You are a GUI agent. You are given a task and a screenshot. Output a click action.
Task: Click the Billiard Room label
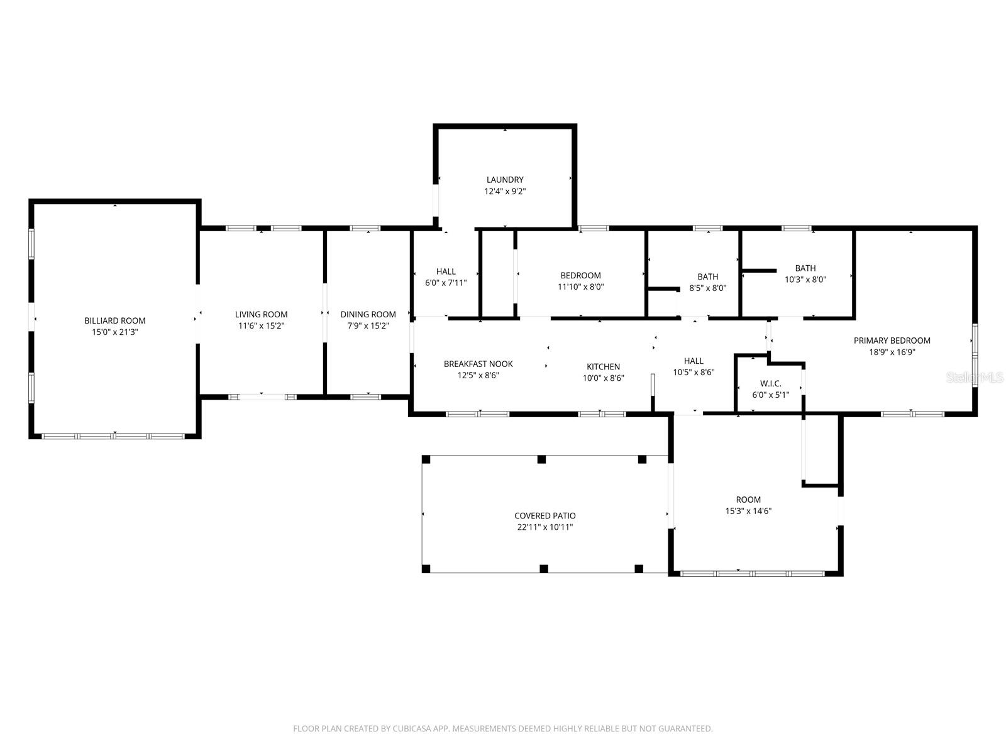[115, 320]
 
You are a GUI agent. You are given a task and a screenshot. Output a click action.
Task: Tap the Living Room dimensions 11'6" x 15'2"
[262, 325]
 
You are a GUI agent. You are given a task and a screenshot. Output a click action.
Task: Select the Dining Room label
[368, 314]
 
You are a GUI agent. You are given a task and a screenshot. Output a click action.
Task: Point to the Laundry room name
[505, 180]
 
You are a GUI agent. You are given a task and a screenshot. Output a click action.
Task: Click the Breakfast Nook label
[478, 364]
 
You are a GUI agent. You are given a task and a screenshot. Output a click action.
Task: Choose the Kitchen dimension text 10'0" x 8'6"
[604, 378]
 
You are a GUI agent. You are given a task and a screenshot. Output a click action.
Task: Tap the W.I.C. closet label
[771, 383]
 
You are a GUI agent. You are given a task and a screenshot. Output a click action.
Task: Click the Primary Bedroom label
[892, 341]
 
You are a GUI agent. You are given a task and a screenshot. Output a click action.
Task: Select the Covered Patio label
[545, 516]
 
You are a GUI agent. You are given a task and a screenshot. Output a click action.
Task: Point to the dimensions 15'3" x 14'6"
[748, 511]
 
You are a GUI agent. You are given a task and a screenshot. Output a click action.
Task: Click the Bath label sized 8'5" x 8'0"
[708, 276]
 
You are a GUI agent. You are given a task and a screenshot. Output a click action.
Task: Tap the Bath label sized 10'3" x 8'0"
[805, 268]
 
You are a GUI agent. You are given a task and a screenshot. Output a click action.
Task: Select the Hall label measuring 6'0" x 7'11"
[446, 271]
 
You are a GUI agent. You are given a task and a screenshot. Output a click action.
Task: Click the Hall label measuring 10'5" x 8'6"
[694, 361]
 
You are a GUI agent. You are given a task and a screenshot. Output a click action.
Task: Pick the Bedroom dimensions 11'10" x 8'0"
[581, 287]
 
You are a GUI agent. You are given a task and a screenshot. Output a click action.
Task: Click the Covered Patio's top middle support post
[542, 459]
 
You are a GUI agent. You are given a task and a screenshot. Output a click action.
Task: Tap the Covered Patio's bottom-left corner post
[426, 569]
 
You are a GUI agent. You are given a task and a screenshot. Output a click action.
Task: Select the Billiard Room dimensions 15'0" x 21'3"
[115, 332]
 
